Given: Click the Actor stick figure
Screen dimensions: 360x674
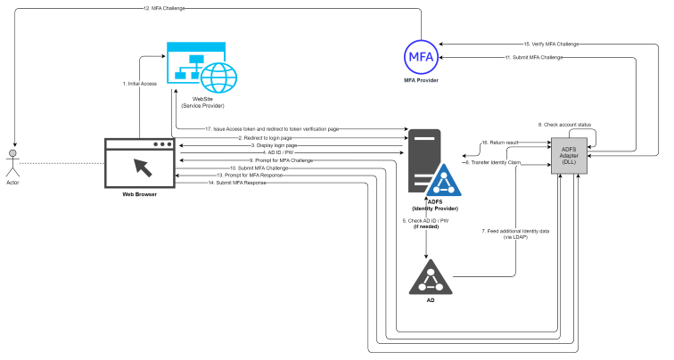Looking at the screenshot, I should (x=12, y=163).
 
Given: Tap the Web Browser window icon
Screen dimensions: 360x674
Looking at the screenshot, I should (x=140, y=163).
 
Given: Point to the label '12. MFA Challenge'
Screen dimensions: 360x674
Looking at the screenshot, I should (x=165, y=9).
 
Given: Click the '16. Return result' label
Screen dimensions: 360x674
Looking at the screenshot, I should (x=499, y=143).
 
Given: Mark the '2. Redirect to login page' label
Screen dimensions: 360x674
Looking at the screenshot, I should (x=266, y=139).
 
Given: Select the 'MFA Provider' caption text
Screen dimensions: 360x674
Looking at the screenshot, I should (x=420, y=81).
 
